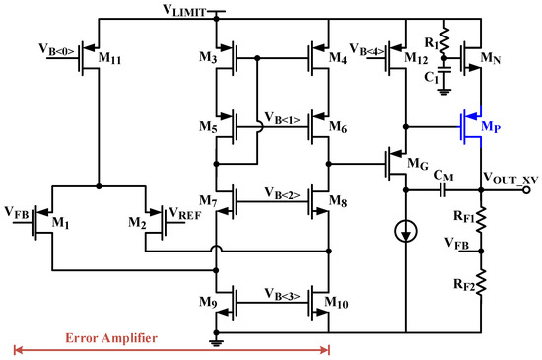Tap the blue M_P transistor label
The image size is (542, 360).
coord(493,128)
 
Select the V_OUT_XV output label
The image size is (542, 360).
coord(509,177)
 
